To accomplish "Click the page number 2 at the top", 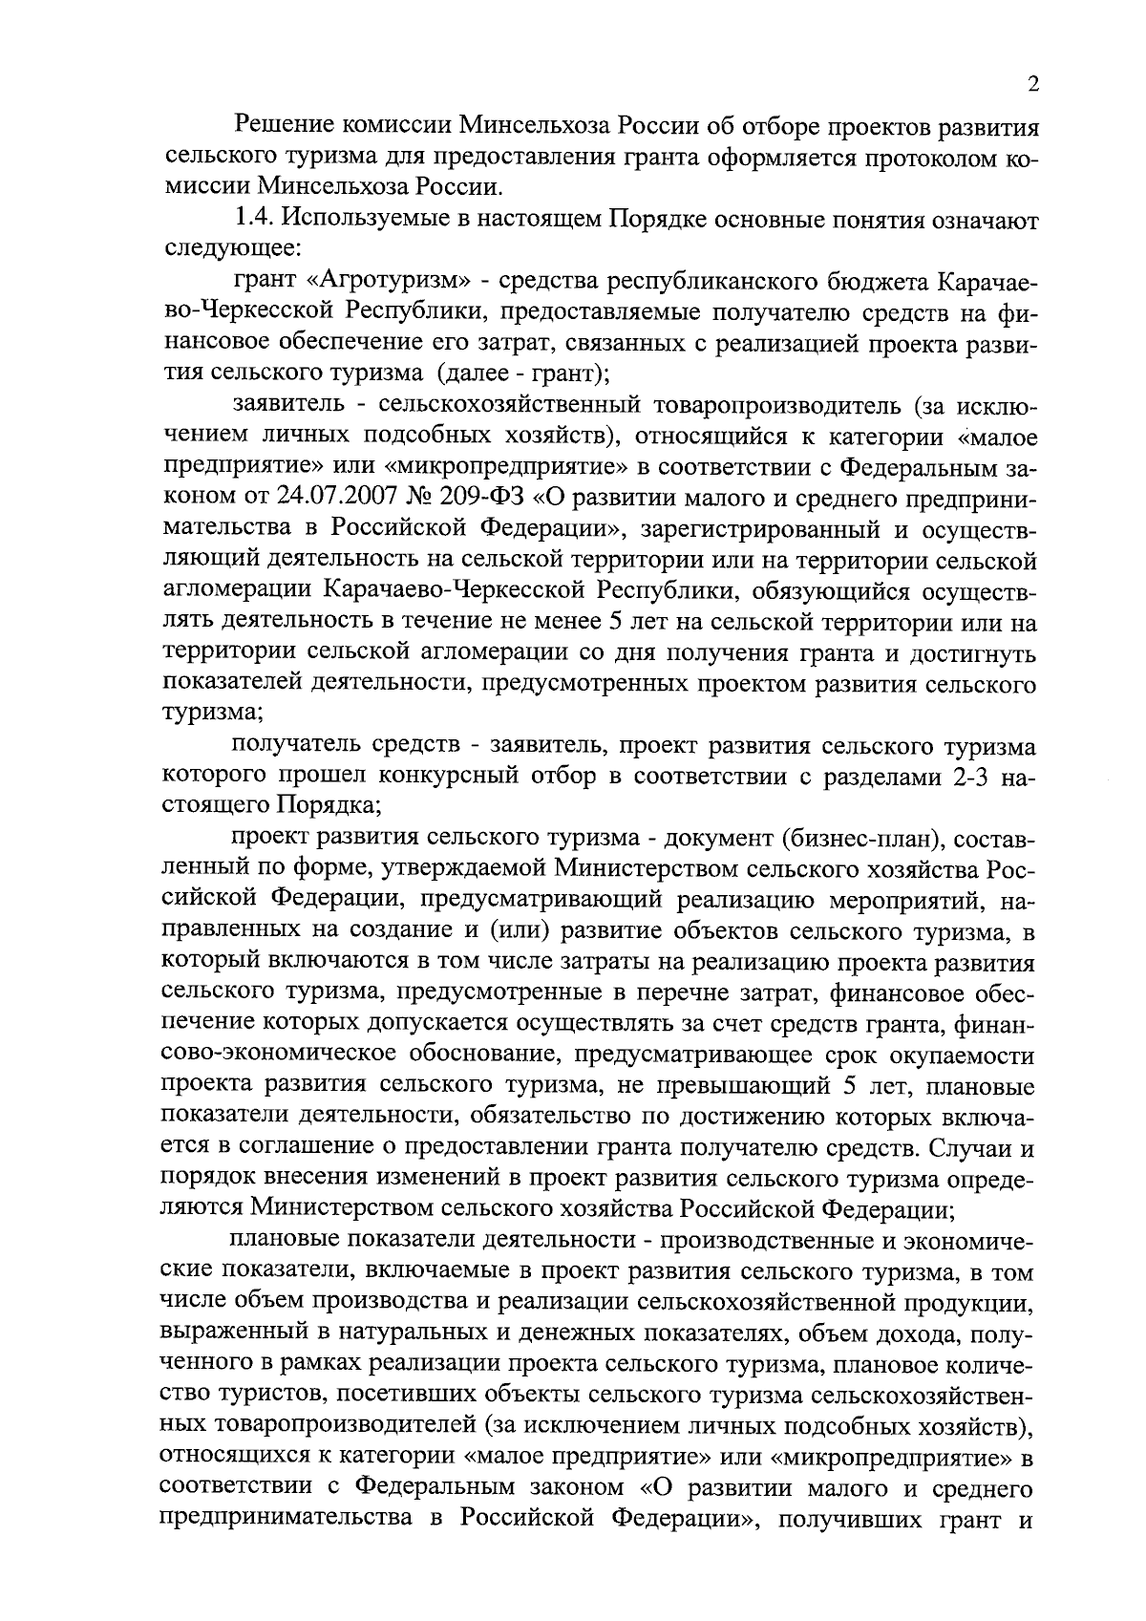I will coord(1033,85).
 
